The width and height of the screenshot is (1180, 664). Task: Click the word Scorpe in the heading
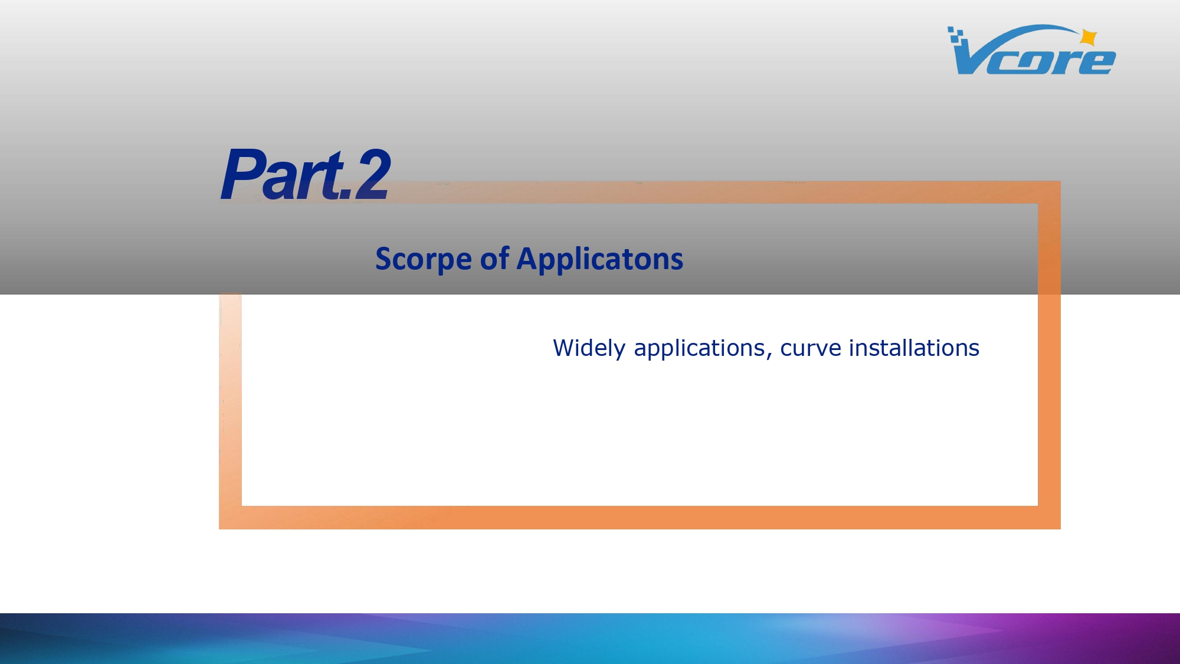click(x=424, y=260)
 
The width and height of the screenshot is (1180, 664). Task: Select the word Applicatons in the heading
click(x=600, y=260)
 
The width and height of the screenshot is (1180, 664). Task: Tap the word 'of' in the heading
click(x=494, y=259)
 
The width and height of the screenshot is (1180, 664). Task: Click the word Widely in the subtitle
click(x=589, y=348)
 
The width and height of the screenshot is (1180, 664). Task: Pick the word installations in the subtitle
click(x=914, y=348)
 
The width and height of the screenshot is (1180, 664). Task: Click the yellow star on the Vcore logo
click(x=1089, y=38)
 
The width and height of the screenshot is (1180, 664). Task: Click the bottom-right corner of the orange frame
click(x=1060, y=529)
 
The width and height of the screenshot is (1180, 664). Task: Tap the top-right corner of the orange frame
click(x=1060, y=181)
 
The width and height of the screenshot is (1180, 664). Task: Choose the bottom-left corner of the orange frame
click(x=219, y=529)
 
